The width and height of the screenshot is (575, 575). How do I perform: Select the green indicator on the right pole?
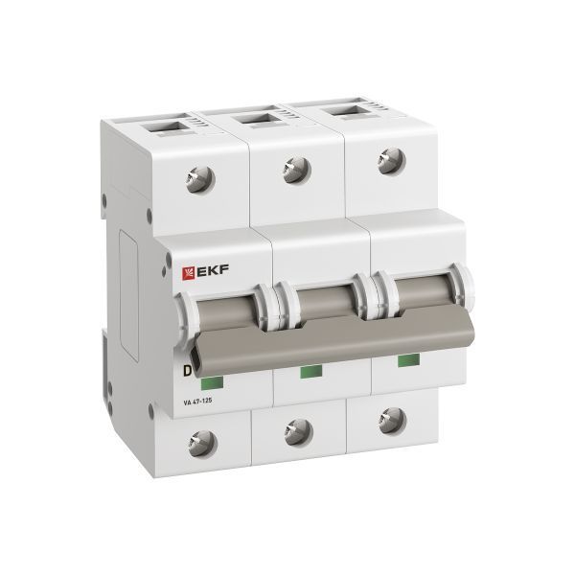pyautogui.click(x=406, y=360)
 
